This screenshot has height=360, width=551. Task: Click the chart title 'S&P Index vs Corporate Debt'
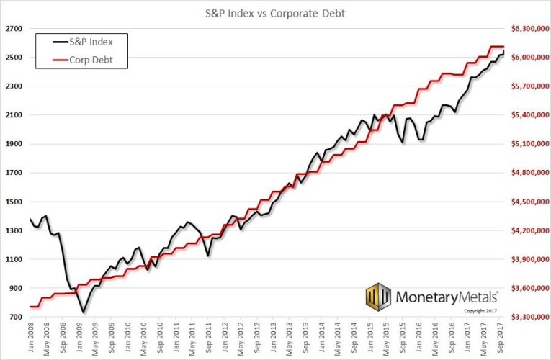pos(275,12)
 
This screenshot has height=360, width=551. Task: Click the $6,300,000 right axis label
pos(529,29)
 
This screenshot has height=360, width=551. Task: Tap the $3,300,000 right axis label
pos(529,317)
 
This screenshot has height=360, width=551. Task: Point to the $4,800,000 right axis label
pos(529,173)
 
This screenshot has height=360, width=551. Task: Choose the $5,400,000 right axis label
pos(529,115)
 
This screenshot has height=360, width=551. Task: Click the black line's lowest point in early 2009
pos(84,312)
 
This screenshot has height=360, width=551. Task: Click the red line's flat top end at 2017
pos(497,47)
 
